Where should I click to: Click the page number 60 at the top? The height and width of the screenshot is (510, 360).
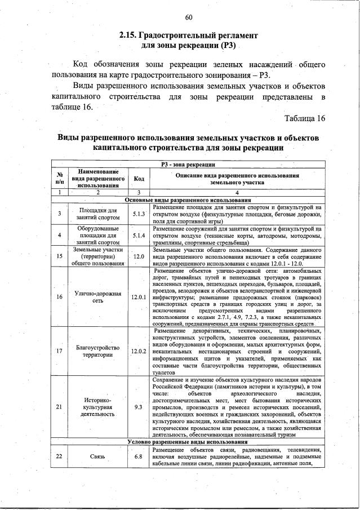click(x=188, y=16)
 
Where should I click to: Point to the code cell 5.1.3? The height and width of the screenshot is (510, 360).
click(x=139, y=214)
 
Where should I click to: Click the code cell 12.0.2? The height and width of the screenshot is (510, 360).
click(x=139, y=351)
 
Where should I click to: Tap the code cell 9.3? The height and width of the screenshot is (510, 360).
click(x=139, y=406)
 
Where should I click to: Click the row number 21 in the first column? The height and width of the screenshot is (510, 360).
click(x=59, y=406)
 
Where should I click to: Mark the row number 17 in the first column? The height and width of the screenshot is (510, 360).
click(x=59, y=351)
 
